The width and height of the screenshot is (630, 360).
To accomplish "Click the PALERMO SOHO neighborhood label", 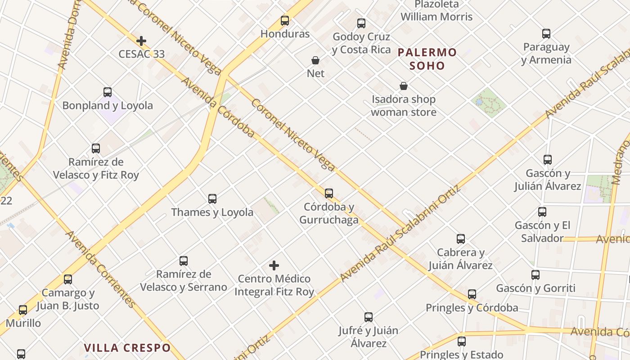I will pyautogui.click(x=427, y=59).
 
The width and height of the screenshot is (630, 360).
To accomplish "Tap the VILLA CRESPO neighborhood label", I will pyautogui.click(x=127, y=347).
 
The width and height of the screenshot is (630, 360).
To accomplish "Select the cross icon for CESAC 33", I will pyautogui.click(x=141, y=41).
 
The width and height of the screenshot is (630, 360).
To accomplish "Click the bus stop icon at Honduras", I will pyautogui.click(x=285, y=21).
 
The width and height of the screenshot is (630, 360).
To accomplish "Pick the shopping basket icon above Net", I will pyautogui.click(x=315, y=60).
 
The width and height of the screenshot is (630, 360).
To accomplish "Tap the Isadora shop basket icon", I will pyautogui.click(x=404, y=86).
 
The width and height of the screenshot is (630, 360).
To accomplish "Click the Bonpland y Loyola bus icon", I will pyautogui.click(x=108, y=92).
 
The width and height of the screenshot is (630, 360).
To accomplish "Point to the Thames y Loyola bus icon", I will pyautogui.click(x=212, y=199).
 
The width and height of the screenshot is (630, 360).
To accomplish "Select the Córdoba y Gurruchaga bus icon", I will pyautogui.click(x=329, y=193).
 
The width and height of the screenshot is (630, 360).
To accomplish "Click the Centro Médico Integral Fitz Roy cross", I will pyautogui.click(x=274, y=265).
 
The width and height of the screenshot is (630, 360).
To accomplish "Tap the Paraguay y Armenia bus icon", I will pyautogui.click(x=546, y=34).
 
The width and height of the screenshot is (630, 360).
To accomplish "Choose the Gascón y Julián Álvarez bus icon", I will pyautogui.click(x=548, y=160).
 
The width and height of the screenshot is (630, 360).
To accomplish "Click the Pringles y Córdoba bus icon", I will pyautogui.click(x=472, y=294).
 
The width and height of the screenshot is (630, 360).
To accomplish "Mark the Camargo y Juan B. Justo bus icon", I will pyautogui.click(x=68, y=279).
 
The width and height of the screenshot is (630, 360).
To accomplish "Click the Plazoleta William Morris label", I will pyautogui.click(x=436, y=11).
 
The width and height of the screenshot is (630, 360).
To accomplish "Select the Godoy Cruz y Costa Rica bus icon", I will pyautogui.click(x=361, y=23).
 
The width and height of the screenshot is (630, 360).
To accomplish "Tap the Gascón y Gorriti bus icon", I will pyautogui.click(x=535, y=275).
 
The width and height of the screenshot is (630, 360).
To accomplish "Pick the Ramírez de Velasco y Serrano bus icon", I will pyautogui.click(x=184, y=261).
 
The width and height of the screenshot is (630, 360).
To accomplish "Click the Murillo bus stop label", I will pyautogui.click(x=23, y=323).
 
